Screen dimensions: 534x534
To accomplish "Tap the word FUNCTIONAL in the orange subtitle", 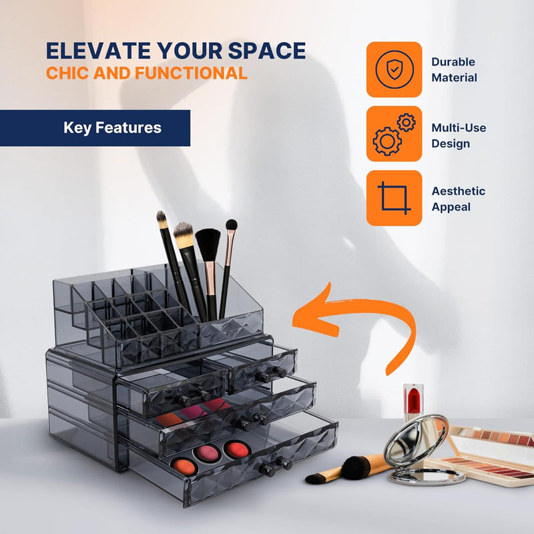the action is (x=191, y=73).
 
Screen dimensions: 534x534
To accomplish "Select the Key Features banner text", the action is (x=112, y=128).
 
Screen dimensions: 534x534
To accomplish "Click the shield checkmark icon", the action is (x=394, y=69).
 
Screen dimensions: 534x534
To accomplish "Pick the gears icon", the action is (x=394, y=134).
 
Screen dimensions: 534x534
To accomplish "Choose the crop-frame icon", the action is (x=394, y=198).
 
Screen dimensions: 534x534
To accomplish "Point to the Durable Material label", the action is (x=454, y=70).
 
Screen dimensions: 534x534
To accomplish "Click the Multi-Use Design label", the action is (x=459, y=136).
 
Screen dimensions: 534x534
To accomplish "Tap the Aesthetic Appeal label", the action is (x=458, y=199).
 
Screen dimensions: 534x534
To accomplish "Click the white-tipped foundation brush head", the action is (x=183, y=235).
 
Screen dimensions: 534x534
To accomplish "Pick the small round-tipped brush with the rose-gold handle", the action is (x=228, y=269).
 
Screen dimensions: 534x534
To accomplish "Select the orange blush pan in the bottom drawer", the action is (x=184, y=466).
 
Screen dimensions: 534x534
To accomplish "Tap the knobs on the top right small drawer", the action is (x=271, y=374).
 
